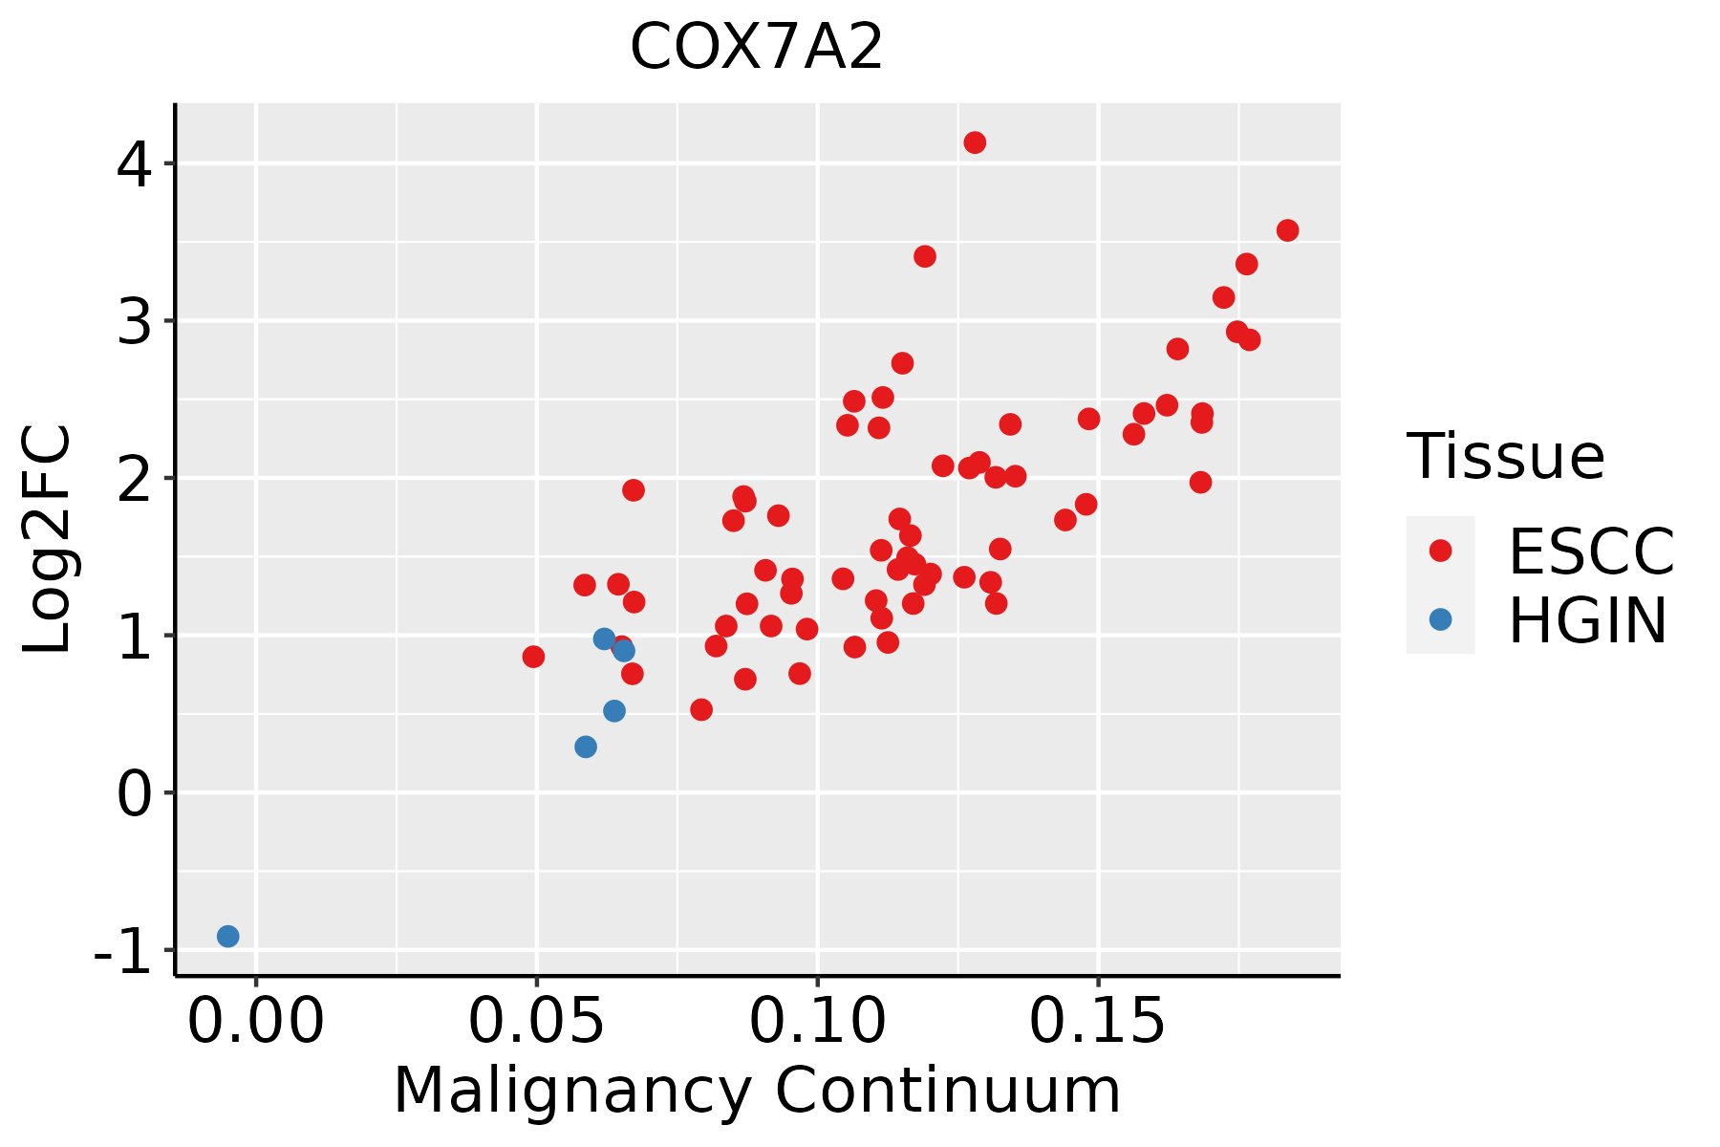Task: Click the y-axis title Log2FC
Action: (x=48, y=540)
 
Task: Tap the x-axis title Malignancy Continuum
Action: (x=757, y=1091)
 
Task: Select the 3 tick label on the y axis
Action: (x=134, y=321)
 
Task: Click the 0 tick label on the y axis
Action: (x=134, y=793)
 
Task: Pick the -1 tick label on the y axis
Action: (x=124, y=951)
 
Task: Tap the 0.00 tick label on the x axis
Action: (x=256, y=1022)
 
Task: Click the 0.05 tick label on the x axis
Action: (x=536, y=1022)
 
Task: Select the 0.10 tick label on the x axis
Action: (x=817, y=1022)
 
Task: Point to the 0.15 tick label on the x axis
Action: (x=1098, y=1022)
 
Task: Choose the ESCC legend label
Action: (x=1591, y=552)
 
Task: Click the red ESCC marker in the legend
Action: (x=1440, y=551)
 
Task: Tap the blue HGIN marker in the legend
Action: (x=1440, y=619)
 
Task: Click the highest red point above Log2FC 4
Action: (x=975, y=142)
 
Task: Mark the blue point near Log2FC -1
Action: (x=227, y=936)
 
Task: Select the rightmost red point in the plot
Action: (x=1287, y=230)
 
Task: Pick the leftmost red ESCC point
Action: (x=533, y=657)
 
